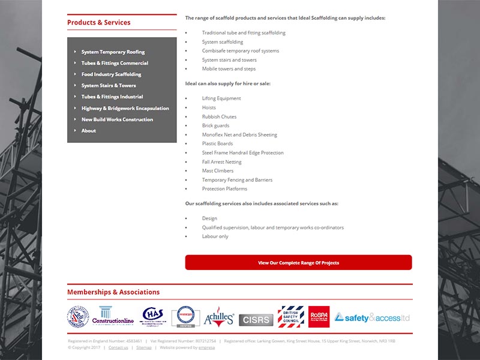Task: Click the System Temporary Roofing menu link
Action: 113,52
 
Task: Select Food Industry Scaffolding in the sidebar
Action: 111,74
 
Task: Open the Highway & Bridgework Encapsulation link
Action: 125,109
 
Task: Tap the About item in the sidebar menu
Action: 89,131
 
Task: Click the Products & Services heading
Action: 98,23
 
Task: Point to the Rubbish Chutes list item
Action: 219,116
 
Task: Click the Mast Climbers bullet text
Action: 218,171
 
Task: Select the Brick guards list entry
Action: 215,125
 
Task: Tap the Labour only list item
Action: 215,236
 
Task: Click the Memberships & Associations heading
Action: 113,292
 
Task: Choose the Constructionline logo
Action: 113,316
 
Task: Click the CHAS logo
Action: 153,316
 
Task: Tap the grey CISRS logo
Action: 256,320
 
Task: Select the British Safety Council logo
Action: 291,316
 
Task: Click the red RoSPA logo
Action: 319,316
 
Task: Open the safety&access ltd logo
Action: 372,317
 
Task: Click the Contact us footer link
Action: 118,347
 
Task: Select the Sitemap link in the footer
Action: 144,347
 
